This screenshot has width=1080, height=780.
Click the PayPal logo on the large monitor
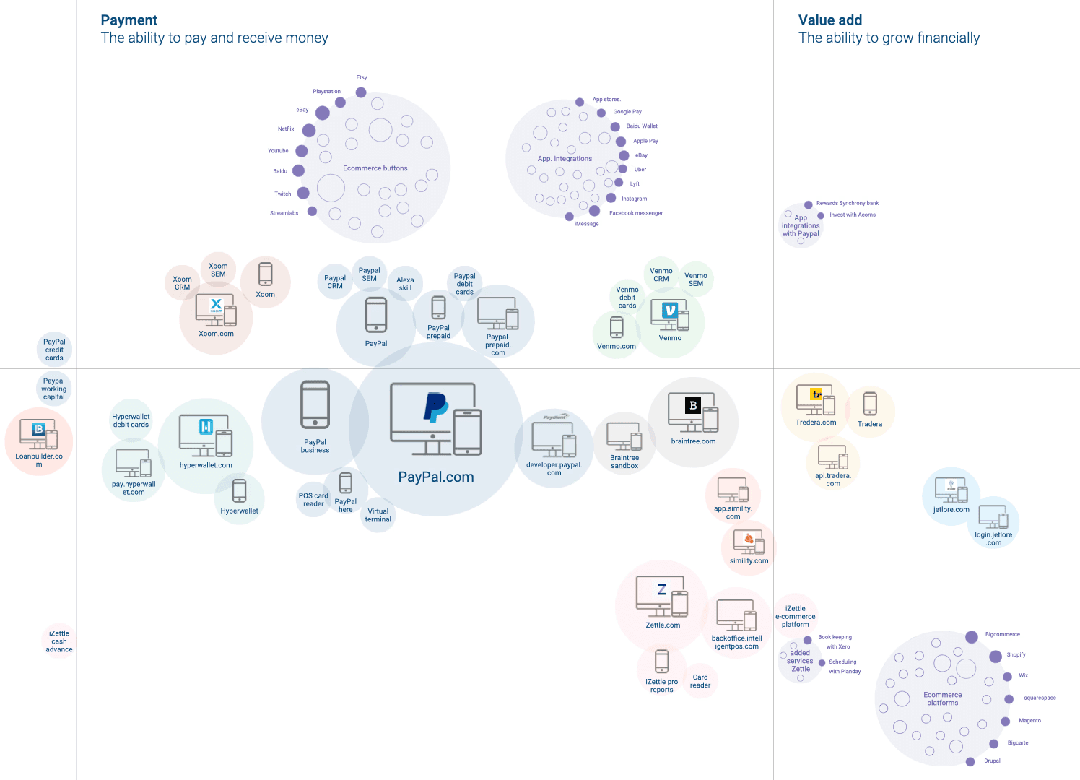coord(436,407)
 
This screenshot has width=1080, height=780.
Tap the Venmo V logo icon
coord(670,310)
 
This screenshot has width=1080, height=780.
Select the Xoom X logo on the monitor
coord(216,304)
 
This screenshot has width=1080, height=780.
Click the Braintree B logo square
coord(693,405)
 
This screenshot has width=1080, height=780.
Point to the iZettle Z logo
coord(662,589)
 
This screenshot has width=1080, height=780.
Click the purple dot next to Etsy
coord(361,92)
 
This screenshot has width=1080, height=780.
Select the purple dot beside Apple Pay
coord(621,142)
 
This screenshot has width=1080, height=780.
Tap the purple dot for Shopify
coord(995,656)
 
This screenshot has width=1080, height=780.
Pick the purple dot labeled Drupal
coord(970,762)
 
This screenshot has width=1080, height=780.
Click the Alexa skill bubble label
coord(405,284)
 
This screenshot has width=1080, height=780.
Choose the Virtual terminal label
coord(378,515)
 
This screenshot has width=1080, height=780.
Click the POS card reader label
coord(313,500)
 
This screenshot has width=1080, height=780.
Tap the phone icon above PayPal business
coord(315,404)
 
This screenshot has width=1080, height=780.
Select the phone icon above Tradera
coord(870,403)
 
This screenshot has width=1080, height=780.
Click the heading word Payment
coord(129,20)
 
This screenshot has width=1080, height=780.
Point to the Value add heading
coord(829,20)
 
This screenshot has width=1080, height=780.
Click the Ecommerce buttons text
coord(375,168)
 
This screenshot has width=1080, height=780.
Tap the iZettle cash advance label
coord(58,641)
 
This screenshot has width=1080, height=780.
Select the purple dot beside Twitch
coord(302,193)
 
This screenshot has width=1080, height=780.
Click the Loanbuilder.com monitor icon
coord(38,434)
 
